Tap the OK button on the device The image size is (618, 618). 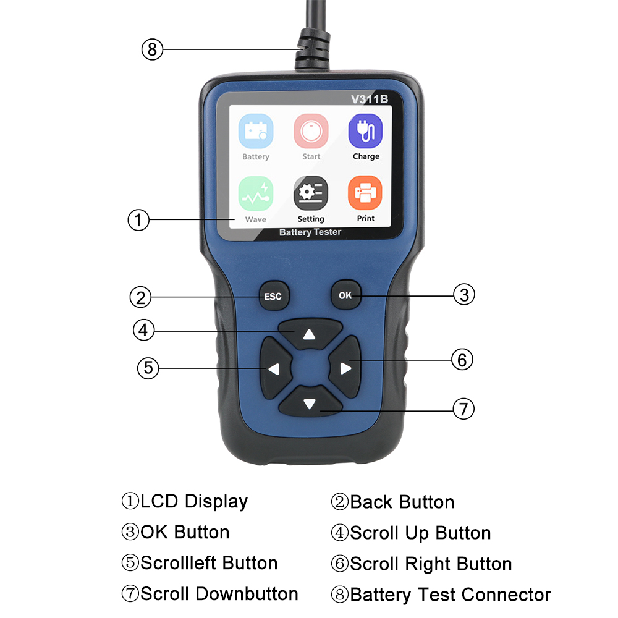coord(345,295)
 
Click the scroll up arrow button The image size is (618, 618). coord(310,334)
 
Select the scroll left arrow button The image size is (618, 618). coord(274,369)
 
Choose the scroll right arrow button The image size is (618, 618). coord(345,369)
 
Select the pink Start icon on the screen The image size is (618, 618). coord(311,131)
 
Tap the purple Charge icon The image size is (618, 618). coord(366,131)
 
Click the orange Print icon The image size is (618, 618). coord(365,193)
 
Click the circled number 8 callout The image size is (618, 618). coord(152,49)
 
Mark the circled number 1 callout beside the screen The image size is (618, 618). coord(139,220)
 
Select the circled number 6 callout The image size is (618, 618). coord(462,359)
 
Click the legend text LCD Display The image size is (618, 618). coord(185,501)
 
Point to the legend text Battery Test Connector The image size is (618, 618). coord(441,595)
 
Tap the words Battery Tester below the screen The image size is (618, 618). coord(310,232)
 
